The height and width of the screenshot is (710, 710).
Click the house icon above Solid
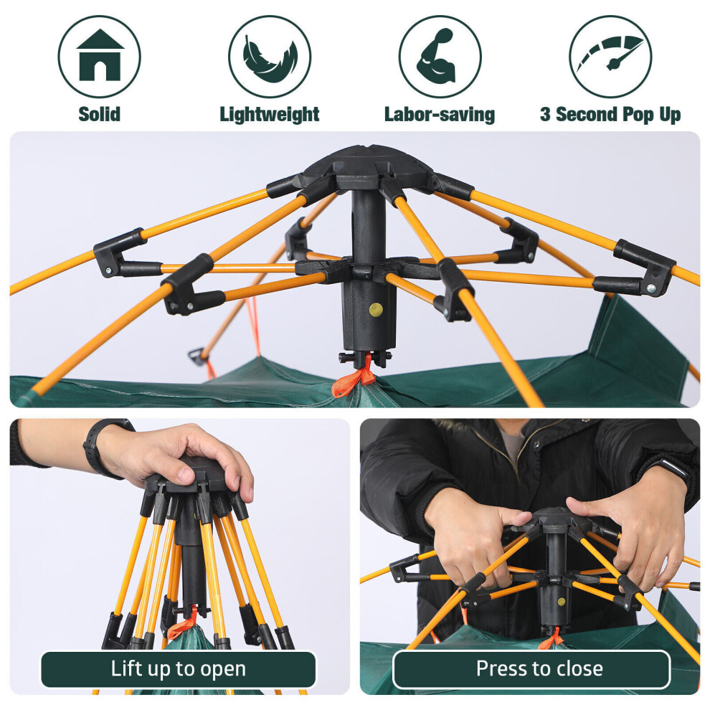coord(100,55)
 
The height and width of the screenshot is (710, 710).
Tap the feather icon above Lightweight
coord(270,59)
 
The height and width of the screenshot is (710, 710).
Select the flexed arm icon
coord(436,56)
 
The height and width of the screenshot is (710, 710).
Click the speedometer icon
coord(610,54)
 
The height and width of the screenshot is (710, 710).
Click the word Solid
coord(100,114)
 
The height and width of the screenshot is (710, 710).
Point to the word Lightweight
coord(270,115)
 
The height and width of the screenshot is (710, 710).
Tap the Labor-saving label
coord(439,115)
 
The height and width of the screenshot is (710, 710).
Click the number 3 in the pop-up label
coord(545,114)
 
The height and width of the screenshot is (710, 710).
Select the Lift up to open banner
coord(179,669)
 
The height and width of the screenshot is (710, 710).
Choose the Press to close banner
coord(531,669)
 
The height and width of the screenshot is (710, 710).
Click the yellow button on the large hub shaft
coord(376,310)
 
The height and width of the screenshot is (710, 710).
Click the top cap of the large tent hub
coord(368,161)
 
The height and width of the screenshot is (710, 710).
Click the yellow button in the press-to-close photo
coord(562,602)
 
